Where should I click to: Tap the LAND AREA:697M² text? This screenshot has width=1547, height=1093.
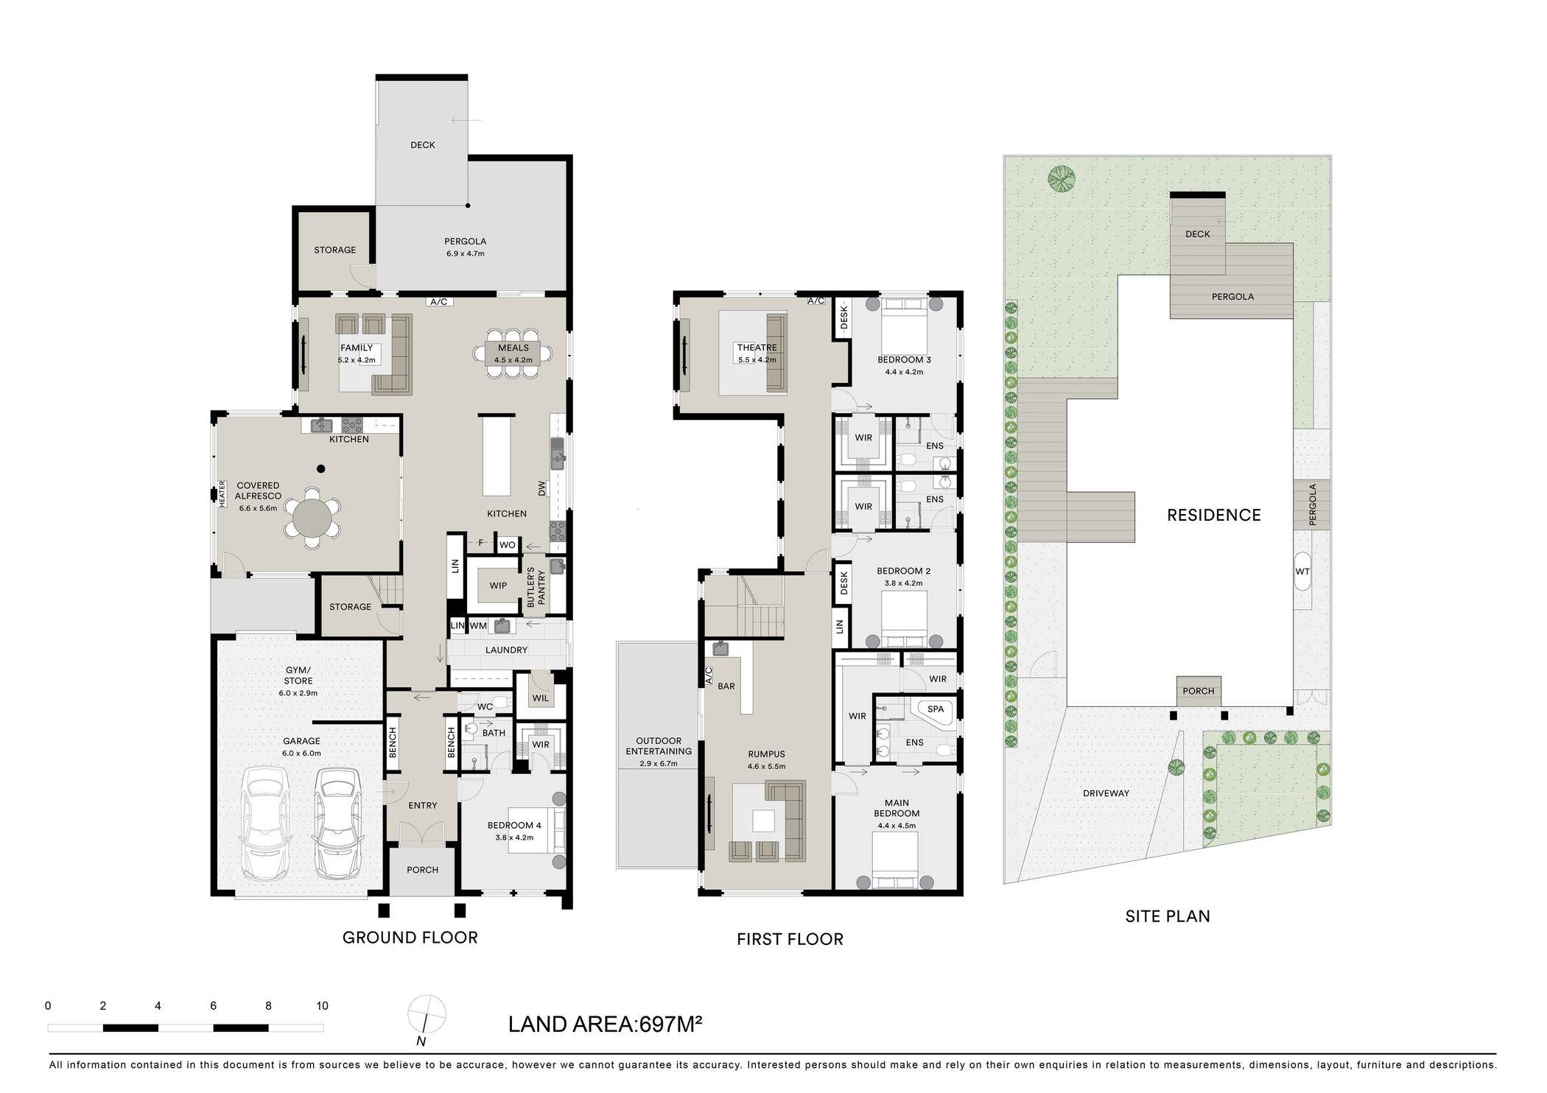tap(605, 1025)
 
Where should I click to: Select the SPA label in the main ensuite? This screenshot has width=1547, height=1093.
tap(935, 709)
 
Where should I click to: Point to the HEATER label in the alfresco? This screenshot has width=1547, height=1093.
tap(221, 493)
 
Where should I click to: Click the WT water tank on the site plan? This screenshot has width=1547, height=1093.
tap(1302, 572)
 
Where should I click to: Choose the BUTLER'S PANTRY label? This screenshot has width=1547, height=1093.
tap(536, 587)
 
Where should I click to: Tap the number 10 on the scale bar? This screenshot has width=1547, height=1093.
tap(322, 1006)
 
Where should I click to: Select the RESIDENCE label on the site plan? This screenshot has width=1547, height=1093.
tap(1213, 515)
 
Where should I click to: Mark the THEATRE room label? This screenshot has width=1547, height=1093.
tap(757, 348)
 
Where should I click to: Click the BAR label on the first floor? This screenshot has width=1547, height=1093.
tap(726, 686)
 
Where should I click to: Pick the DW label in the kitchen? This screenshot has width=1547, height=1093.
tap(542, 488)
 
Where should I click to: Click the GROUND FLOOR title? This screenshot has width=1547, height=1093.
tap(410, 938)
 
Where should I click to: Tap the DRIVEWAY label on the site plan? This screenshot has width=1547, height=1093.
tap(1106, 793)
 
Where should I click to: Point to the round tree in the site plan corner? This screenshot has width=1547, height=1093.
tap(1062, 178)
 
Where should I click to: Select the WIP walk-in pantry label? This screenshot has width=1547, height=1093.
tap(498, 586)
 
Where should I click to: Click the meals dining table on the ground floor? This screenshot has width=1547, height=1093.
tap(513, 352)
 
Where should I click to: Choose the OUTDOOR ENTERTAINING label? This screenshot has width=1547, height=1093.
tap(659, 746)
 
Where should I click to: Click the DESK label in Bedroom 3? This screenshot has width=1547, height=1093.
tap(844, 317)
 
